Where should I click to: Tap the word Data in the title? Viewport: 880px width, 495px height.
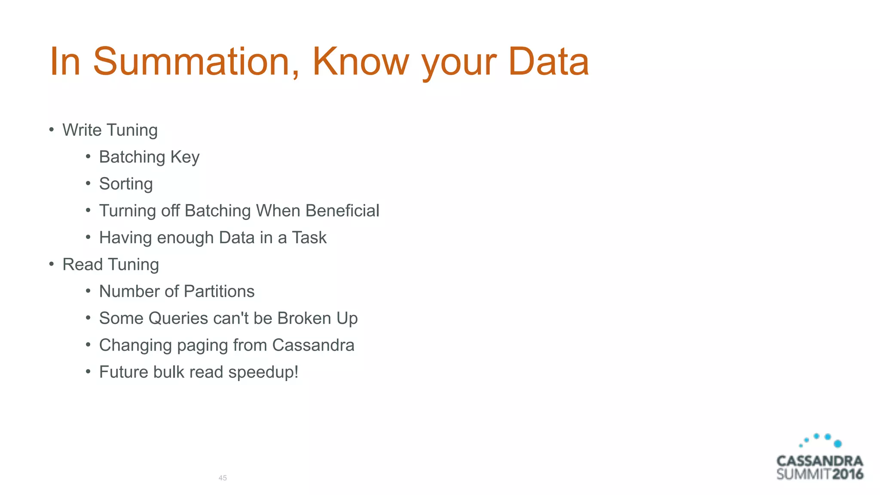pos(548,61)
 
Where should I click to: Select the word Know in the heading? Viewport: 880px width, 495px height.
pos(360,61)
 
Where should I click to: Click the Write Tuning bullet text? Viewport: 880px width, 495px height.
pos(110,130)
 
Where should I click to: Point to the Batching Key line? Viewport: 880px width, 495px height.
pos(149,157)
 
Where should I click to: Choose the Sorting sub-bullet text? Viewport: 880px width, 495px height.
pos(126,184)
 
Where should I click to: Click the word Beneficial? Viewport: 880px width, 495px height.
pos(342,211)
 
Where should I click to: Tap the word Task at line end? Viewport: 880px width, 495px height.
pos(309,238)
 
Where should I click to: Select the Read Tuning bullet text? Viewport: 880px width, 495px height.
pos(110,265)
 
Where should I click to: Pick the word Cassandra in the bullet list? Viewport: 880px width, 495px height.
pos(313,345)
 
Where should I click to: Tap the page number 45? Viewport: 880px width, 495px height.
pos(223,478)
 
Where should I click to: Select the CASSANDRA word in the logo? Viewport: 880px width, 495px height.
pos(820,461)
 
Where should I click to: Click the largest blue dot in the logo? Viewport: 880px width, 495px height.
pos(837,444)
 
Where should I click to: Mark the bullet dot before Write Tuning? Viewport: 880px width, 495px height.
pos(52,129)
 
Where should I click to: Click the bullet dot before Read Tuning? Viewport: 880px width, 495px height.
pos(52,264)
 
